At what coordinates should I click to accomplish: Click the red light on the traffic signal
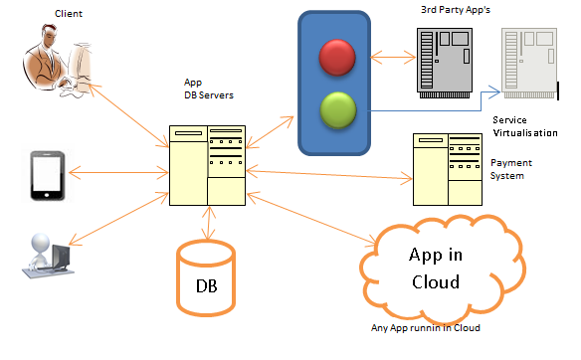[337, 58]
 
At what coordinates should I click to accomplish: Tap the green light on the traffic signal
[338, 110]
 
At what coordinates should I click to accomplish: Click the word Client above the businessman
[69, 14]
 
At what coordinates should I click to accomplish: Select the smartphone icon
[48, 176]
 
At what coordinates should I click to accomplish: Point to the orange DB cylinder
[206, 277]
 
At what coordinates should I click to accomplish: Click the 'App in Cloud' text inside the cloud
[436, 269]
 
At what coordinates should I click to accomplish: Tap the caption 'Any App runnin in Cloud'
[426, 328]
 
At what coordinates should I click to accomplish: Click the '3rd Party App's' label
[456, 10]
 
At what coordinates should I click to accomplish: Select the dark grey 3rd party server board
[445, 63]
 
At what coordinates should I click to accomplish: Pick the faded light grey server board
[529, 63]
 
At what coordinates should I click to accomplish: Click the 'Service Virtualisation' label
[525, 126]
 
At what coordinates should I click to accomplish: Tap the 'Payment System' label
[511, 169]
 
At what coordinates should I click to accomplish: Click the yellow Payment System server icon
[448, 170]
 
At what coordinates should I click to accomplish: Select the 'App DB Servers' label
[209, 89]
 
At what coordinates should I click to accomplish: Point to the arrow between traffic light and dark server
[393, 58]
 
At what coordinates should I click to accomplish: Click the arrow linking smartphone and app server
[118, 173]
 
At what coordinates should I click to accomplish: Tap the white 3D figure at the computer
[48, 256]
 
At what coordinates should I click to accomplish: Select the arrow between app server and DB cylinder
[209, 223]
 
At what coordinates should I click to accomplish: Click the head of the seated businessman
[49, 35]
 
